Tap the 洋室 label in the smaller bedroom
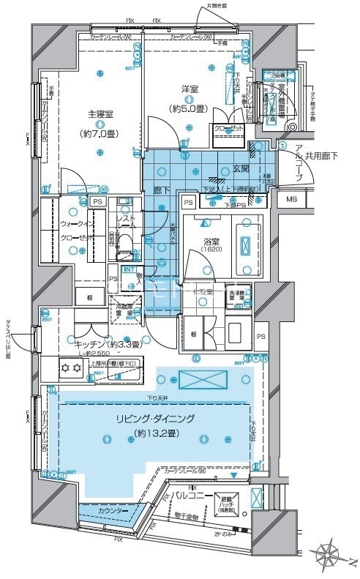point(190,90)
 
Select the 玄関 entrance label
point(241,168)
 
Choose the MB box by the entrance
point(291,200)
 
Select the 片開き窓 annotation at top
point(218,7)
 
